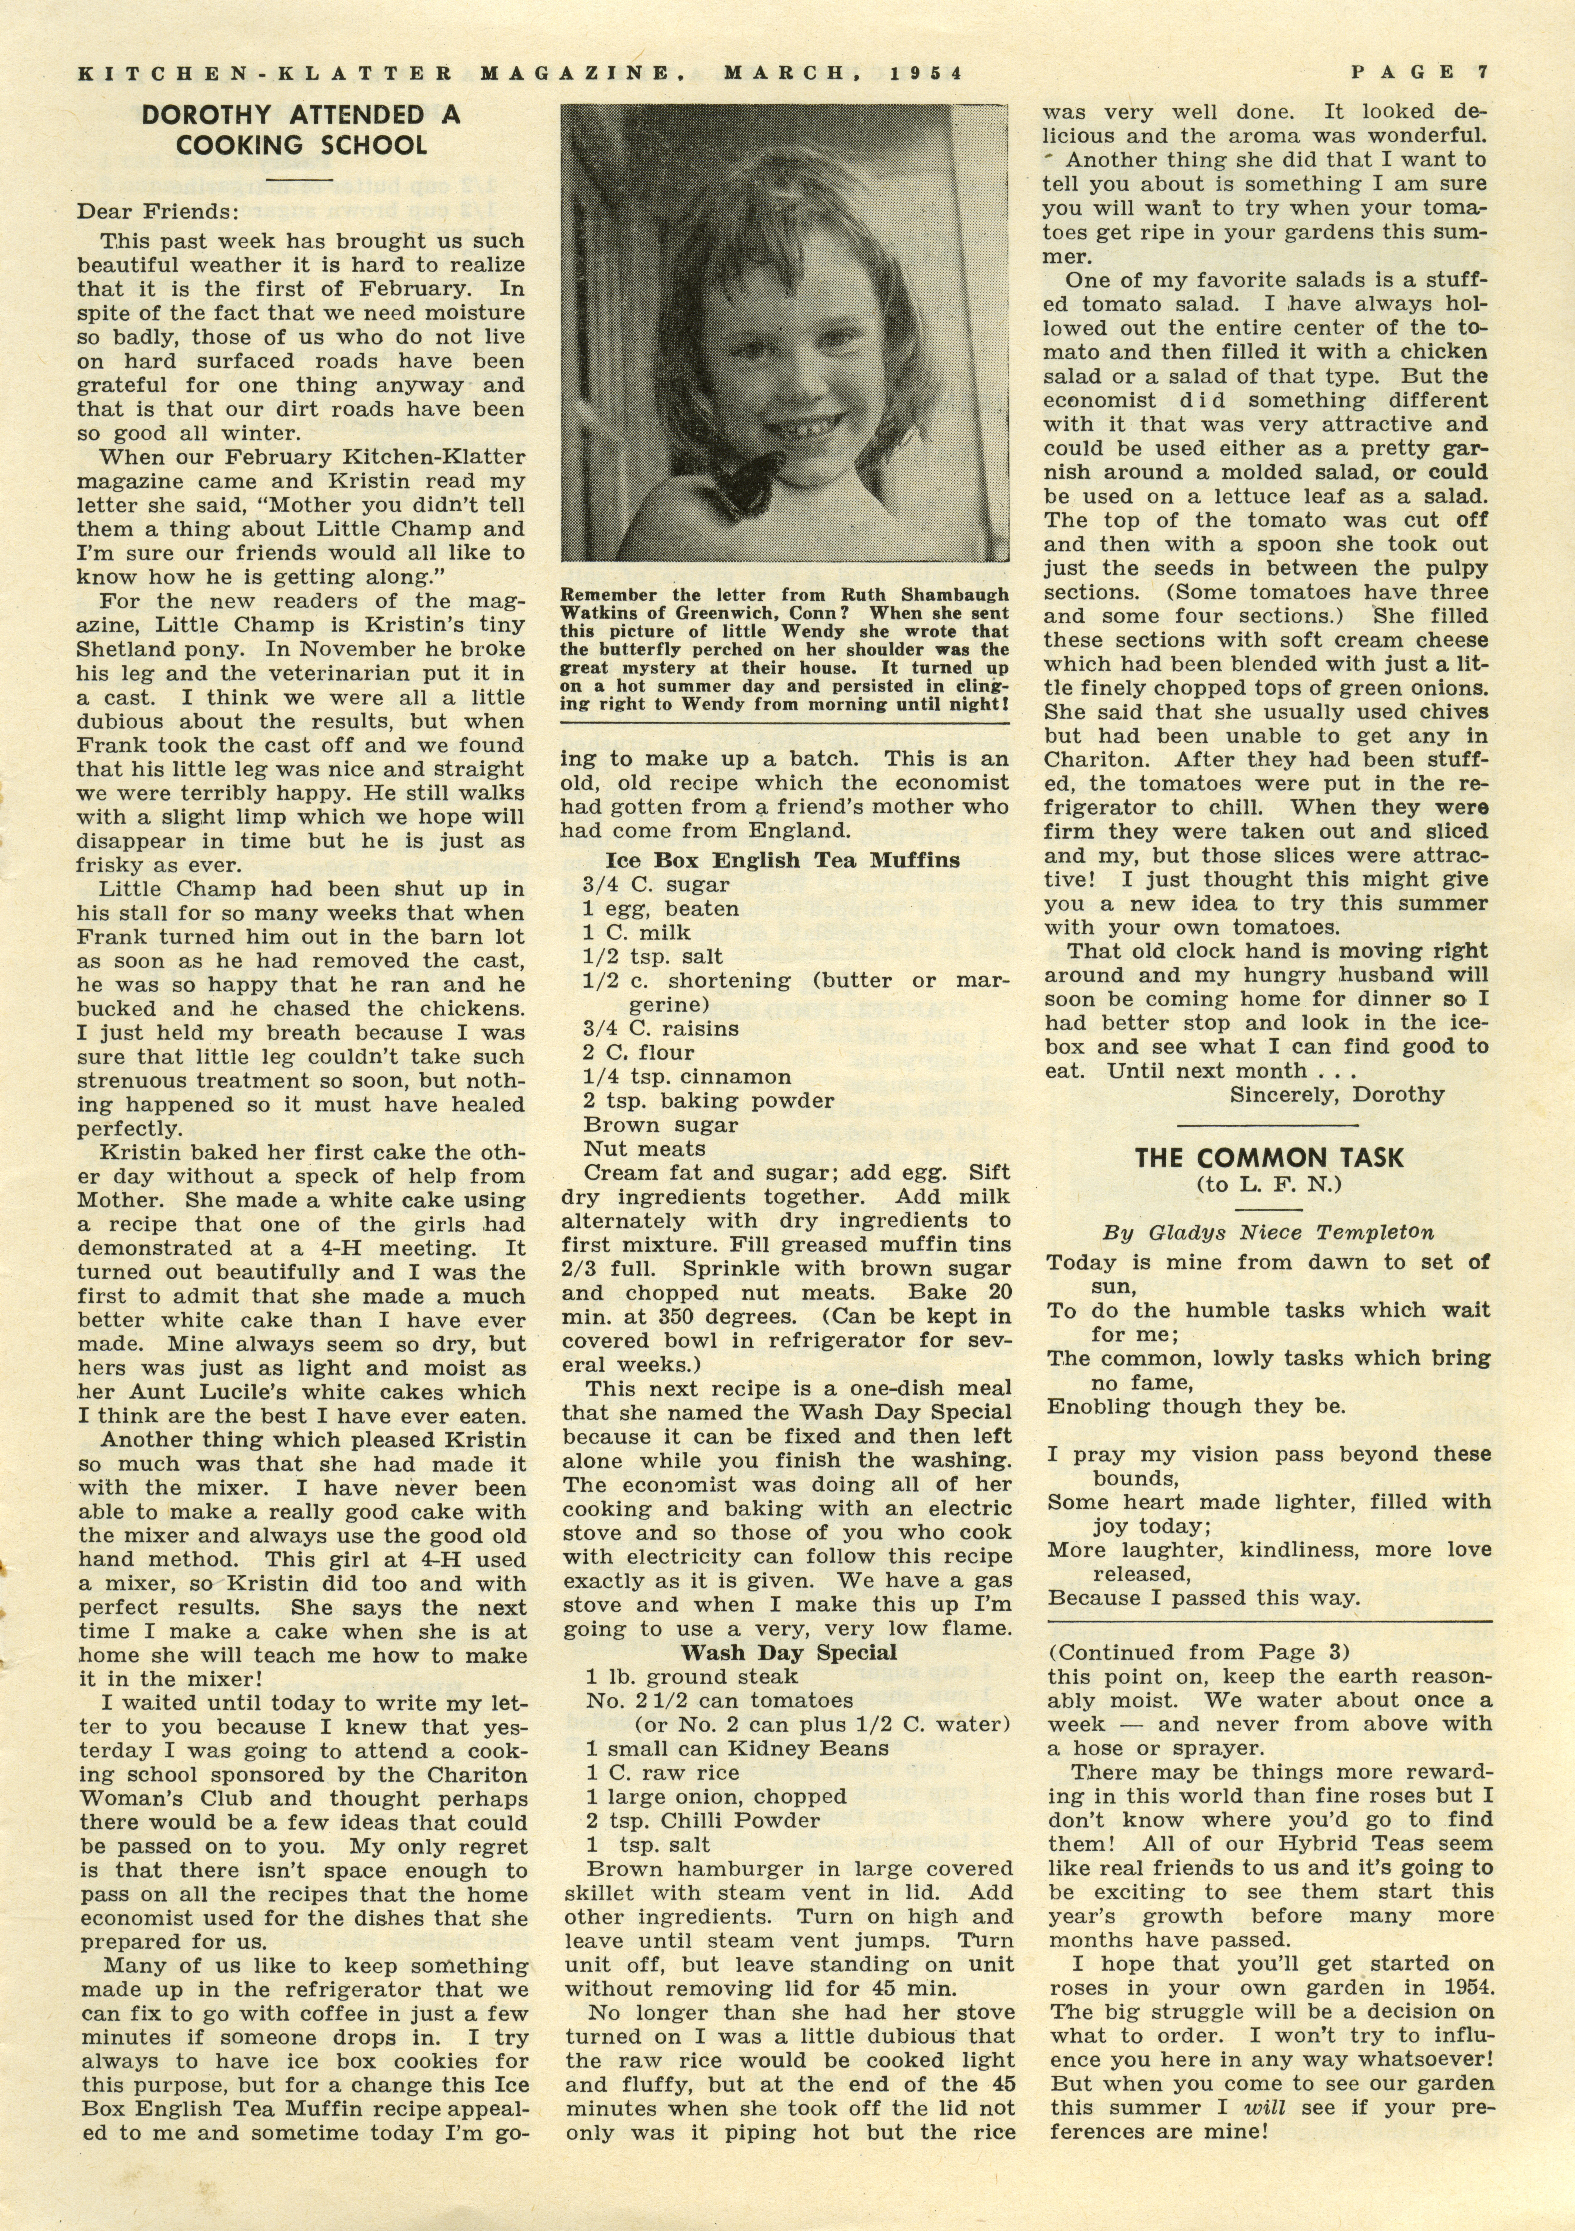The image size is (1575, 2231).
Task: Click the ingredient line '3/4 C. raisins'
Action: (x=661, y=1028)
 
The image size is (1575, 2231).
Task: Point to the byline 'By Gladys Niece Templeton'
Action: (x=1268, y=1232)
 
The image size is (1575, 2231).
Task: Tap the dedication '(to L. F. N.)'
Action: (x=1268, y=1183)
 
